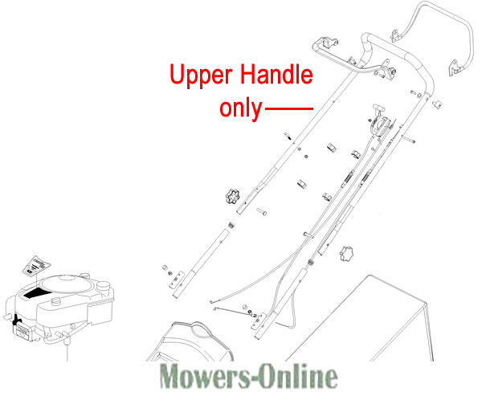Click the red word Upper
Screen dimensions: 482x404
pyautogui.click(x=201, y=75)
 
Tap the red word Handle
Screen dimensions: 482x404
pyautogui.click(x=276, y=74)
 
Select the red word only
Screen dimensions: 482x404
pyautogui.click(x=241, y=108)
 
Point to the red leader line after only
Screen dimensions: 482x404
pyautogui.click(x=288, y=108)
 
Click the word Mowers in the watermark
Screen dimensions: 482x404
pyautogui.click(x=206, y=376)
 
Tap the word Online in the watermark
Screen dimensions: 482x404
pyautogui.click(x=297, y=376)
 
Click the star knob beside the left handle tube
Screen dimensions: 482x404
pyautogui.click(x=232, y=196)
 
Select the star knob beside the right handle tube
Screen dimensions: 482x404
pyautogui.click(x=347, y=253)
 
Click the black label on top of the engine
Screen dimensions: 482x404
pyautogui.click(x=38, y=293)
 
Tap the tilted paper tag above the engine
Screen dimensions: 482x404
pyautogui.click(x=36, y=265)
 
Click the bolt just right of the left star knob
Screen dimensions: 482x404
pyautogui.click(x=262, y=211)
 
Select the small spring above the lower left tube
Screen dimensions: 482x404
pyautogui.click(x=231, y=226)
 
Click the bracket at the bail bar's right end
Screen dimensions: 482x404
pyautogui.click(x=455, y=68)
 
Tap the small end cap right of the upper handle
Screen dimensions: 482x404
pyautogui.click(x=437, y=104)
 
